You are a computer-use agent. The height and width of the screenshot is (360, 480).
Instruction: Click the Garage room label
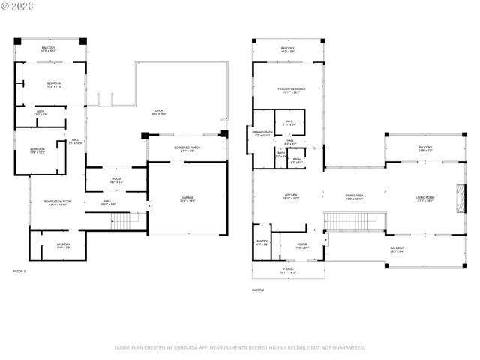187,199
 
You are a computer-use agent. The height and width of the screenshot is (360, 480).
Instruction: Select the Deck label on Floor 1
158,111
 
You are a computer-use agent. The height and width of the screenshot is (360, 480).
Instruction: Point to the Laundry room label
63,245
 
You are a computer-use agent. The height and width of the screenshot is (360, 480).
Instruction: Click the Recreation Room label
56,202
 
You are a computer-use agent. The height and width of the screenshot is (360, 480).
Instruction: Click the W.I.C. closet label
289,122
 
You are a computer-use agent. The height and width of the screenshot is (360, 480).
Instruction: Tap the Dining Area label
355,197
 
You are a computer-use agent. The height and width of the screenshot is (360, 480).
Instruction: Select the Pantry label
262,243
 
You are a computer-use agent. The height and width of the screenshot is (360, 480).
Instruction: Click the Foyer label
302,244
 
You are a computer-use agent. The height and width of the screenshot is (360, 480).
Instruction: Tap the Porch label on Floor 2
288,270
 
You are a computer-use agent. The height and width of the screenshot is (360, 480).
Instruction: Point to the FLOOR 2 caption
258,289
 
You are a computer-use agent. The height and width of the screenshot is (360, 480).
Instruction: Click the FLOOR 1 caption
19,270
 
